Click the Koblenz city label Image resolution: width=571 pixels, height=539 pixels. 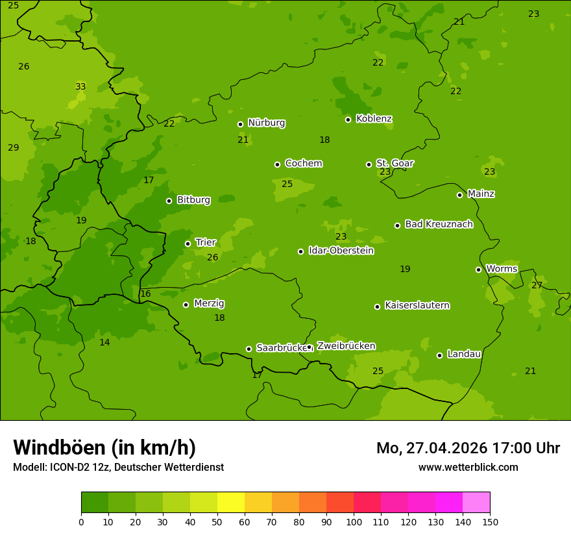click(x=374, y=119)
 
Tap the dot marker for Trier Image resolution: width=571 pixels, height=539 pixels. click(x=188, y=244)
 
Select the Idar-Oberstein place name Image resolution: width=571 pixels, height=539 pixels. click(x=341, y=251)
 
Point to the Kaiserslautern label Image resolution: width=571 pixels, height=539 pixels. click(x=417, y=305)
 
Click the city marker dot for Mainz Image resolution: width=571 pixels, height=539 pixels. click(x=459, y=195)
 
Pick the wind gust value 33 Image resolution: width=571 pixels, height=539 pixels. click(x=80, y=86)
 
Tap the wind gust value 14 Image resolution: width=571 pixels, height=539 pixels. click(x=104, y=342)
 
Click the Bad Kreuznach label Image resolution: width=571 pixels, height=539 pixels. click(x=439, y=224)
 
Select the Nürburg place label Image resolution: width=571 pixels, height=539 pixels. click(x=266, y=123)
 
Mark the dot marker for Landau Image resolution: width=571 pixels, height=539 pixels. click(x=439, y=355)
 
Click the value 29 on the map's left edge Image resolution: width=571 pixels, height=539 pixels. click(x=13, y=147)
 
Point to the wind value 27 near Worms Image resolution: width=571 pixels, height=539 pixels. click(x=537, y=285)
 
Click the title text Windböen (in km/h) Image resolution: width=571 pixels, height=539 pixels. click(x=104, y=447)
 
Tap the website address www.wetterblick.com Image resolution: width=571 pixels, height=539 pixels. click(x=468, y=467)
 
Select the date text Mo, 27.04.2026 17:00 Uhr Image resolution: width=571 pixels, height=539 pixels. click(x=468, y=448)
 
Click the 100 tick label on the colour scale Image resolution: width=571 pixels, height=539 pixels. click(x=354, y=521)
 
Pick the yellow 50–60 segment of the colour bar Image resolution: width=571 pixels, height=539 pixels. click(x=231, y=503)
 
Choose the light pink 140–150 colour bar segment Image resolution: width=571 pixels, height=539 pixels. click(x=476, y=503)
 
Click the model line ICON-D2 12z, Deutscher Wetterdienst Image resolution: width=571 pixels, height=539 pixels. click(x=118, y=467)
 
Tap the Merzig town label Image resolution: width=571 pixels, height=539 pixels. click(x=209, y=303)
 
